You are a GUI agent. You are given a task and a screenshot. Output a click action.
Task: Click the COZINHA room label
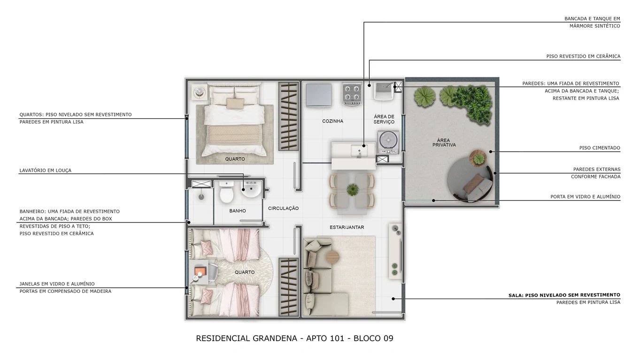click(332, 121)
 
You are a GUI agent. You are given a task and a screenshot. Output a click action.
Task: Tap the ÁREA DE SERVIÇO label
click(384, 119)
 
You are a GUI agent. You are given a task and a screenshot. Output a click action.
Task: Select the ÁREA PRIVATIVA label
click(444, 143)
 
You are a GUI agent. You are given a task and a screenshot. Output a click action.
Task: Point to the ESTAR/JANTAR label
click(347, 227)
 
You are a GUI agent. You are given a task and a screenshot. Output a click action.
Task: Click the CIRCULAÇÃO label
click(283, 208)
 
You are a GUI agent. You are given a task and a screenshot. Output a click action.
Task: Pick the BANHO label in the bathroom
click(238, 211)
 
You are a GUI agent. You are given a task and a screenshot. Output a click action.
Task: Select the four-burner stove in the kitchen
click(352, 94)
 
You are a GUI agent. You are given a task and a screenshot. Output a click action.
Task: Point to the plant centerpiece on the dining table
click(352, 190)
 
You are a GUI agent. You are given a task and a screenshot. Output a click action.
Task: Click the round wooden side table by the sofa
click(332, 256)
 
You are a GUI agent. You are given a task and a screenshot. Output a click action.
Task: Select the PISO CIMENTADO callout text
click(599, 148)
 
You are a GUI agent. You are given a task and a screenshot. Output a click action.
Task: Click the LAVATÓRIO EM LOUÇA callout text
click(46, 170)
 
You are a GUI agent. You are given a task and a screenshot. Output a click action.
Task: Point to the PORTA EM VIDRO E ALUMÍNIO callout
click(585, 197)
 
